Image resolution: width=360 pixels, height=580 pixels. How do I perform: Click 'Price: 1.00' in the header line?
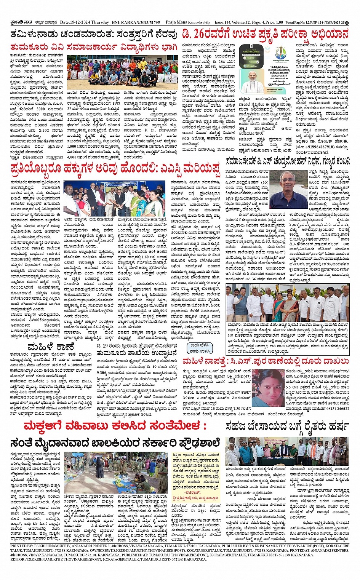[274, 22]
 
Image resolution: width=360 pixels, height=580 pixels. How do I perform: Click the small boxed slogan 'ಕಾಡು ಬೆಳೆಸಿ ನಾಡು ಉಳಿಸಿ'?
[199, 348]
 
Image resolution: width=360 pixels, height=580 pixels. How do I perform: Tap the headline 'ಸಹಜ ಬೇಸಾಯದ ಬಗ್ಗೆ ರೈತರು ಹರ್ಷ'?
[287, 426]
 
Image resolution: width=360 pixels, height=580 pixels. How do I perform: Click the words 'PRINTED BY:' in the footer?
[22, 546]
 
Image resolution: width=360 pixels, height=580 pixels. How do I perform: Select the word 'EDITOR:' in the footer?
[18, 559]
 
